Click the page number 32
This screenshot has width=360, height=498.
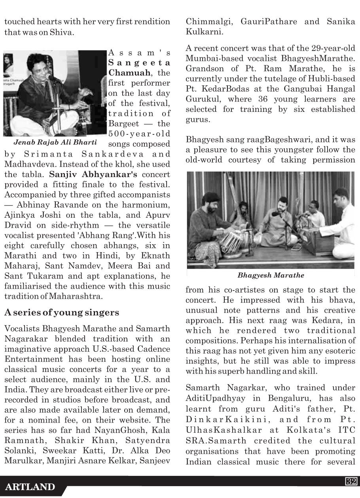coord(351,481)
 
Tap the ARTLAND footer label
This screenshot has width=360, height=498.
coord(30,487)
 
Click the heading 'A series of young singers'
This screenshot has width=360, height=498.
coord(62,313)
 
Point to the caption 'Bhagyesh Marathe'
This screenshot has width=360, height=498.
coord(271,275)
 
